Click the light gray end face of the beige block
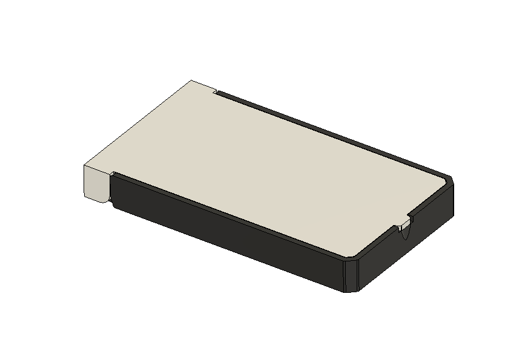tap(96, 182)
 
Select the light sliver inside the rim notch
tap(401, 228)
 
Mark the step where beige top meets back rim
tap(216, 93)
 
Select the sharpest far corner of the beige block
tap(192, 80)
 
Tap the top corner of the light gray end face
tap(84, 164)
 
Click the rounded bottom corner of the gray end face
tap(103, 200)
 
